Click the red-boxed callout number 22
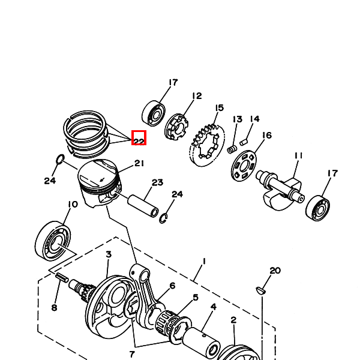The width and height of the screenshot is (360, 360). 139,142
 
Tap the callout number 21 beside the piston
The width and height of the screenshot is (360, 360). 139,163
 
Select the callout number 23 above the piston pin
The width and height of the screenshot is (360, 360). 157,182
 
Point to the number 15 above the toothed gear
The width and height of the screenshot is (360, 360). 220,107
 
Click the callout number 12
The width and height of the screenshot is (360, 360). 197,96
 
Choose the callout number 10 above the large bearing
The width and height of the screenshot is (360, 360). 73,204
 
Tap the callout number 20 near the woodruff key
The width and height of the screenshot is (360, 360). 275,271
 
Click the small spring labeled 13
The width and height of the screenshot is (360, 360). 232,149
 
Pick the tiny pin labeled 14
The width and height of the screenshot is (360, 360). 244,142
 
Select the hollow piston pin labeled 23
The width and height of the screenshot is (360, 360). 143,206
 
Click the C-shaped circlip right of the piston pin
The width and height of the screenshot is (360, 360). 163,218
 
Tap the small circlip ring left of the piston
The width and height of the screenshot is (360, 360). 60,160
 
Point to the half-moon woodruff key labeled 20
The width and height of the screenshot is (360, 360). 261,290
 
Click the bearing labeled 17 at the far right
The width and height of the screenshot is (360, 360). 317,208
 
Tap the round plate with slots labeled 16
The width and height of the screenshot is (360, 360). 244,166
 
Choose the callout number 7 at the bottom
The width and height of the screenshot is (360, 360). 132,354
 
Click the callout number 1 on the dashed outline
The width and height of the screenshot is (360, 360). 204,261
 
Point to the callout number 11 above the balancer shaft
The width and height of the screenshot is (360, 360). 298,155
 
